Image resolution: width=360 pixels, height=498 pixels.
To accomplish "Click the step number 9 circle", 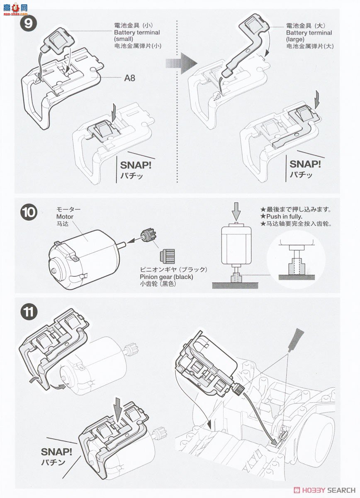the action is pos(28,24).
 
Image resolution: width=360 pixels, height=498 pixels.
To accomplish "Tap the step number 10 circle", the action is pos(29,212).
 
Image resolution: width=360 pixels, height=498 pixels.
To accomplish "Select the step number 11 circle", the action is pos(29,312).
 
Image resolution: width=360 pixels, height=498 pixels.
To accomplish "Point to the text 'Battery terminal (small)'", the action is pos(137,36).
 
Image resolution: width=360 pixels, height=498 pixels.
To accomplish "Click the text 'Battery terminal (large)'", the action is pos(309,36).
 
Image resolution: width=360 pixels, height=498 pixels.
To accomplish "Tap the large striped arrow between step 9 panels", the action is pos(182,63).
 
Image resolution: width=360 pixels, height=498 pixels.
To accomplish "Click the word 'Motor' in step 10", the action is pos(65,217).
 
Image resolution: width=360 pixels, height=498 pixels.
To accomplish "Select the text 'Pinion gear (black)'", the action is pos(166,277).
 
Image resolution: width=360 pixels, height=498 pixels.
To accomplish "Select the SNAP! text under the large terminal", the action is pos(305,164).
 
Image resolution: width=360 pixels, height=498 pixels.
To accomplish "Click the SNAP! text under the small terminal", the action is pos(136,166).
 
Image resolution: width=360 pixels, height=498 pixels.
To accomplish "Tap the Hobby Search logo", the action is pos(325,489).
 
